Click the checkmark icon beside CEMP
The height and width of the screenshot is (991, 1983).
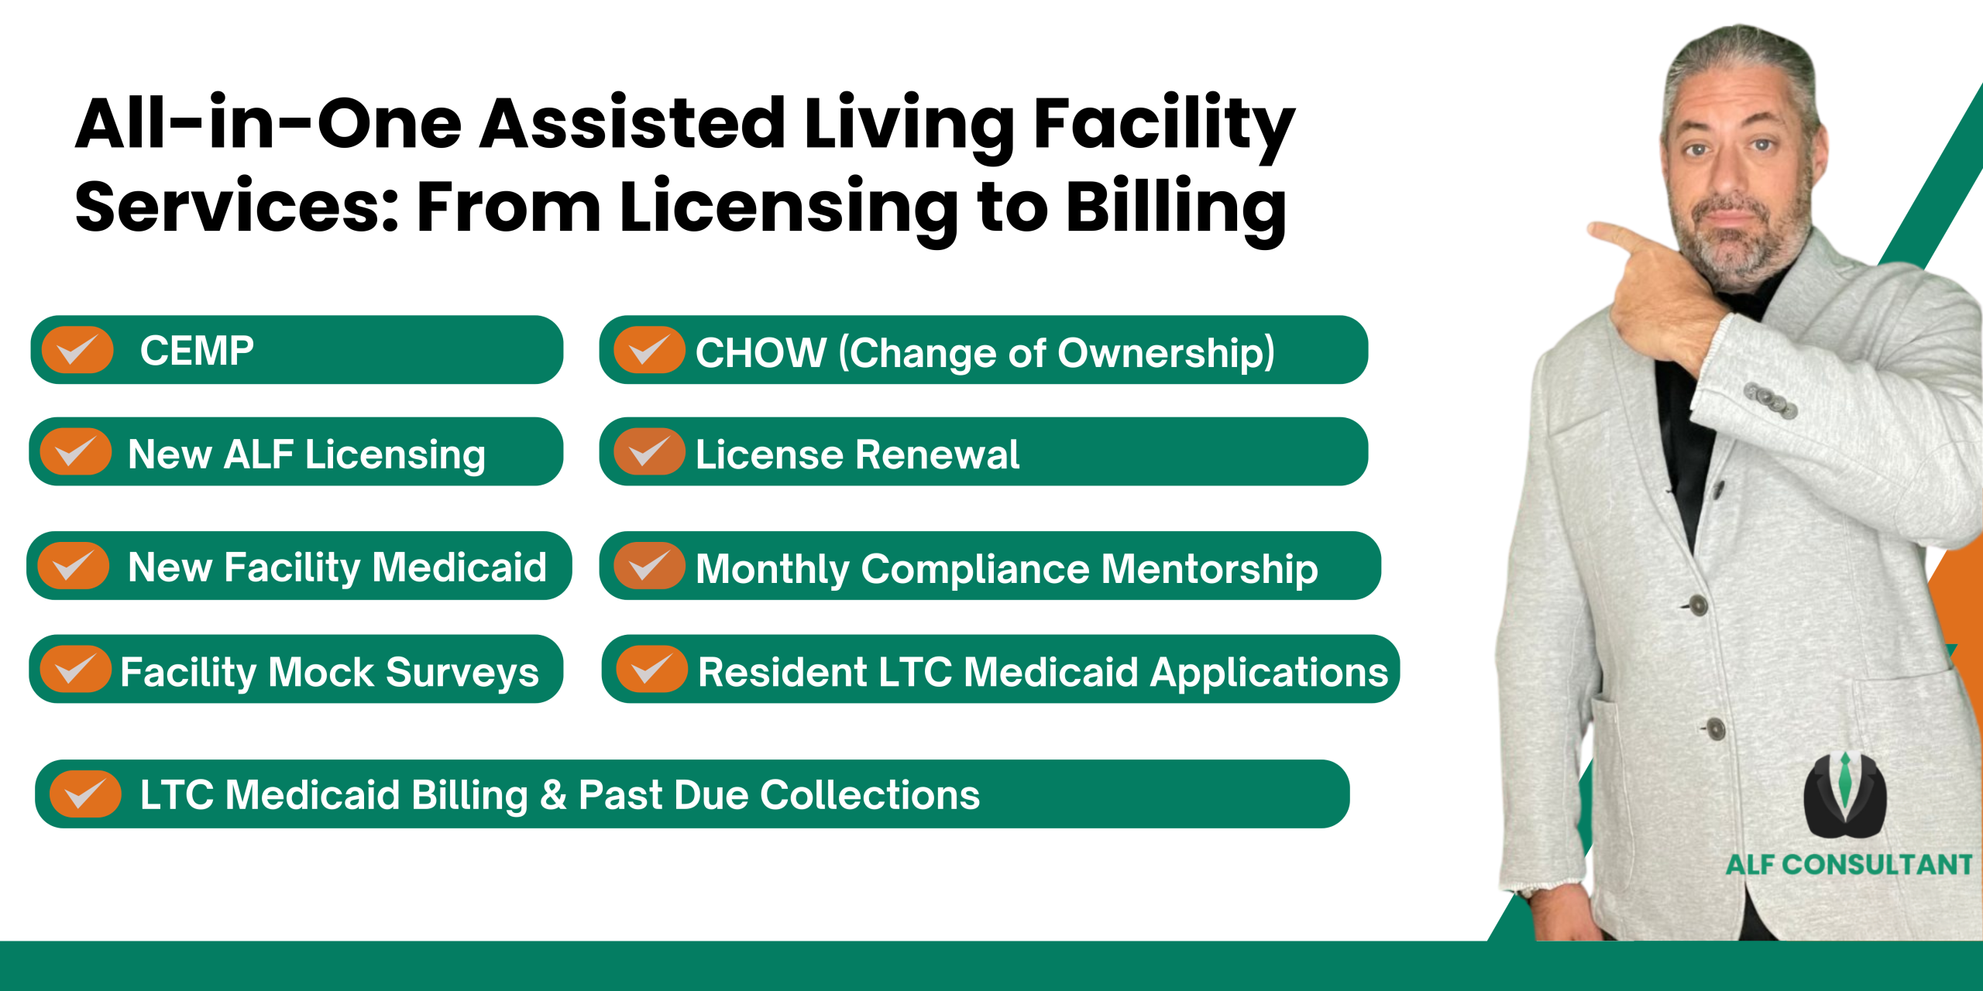pos(77,350)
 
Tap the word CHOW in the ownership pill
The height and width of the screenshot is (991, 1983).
pos(761,352)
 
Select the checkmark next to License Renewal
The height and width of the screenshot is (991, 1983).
pos(649,451)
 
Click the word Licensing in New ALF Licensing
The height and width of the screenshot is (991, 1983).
pos(395,454)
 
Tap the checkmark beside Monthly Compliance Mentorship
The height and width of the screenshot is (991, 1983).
pos(649,565)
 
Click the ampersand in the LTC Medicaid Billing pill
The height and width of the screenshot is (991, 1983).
pos(553,795)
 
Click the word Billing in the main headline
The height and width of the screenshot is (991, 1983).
pos(1177,207)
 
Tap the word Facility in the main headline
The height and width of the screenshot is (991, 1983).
pos(1164,124)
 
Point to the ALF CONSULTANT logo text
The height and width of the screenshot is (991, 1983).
pos(1849,864)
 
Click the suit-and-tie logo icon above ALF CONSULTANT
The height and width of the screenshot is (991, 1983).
pos(1845,795)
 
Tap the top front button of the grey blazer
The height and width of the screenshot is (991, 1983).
pos(1699,604)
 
